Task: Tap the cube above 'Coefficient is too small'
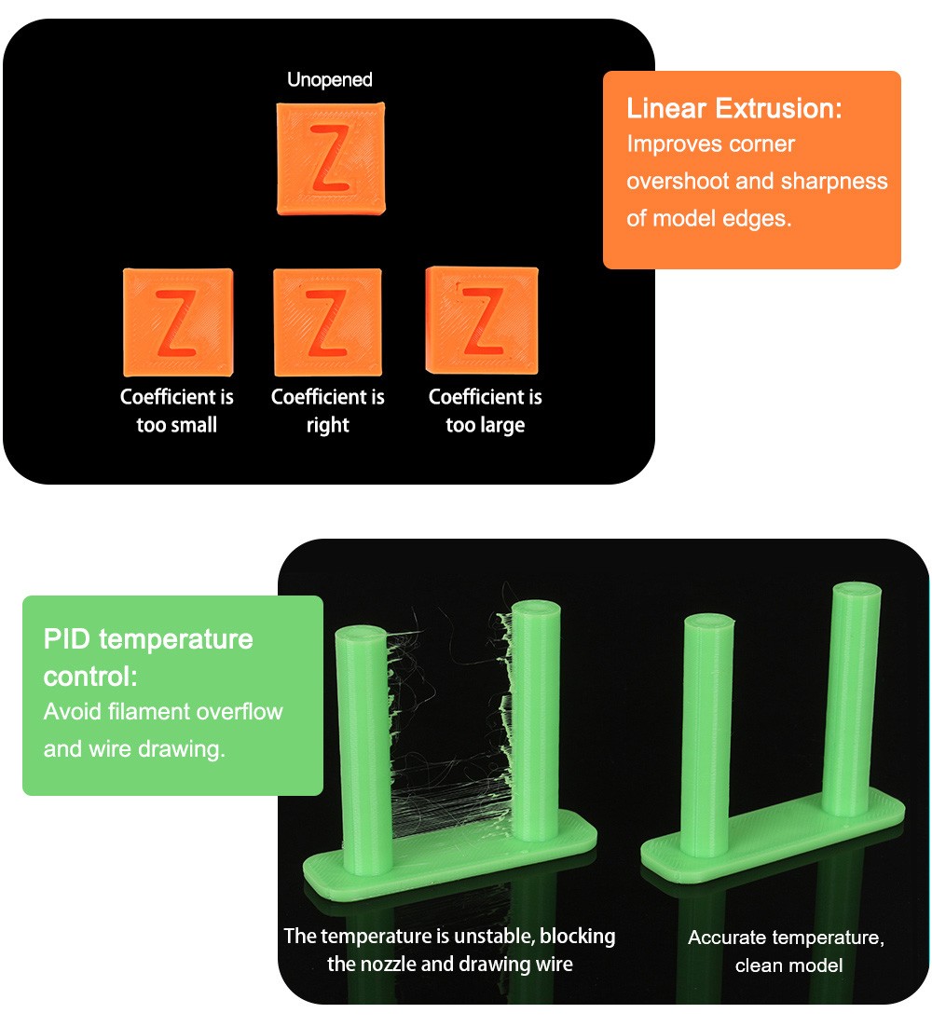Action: pos(177,322)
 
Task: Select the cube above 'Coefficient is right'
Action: pos(327,322)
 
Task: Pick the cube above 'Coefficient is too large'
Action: pos(482,320)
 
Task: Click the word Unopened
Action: pos(329,80)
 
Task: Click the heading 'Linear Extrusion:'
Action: pos(733,108)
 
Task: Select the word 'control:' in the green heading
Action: pos(90,676)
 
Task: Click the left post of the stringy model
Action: pos(362,746)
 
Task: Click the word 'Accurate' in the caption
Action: pos(727,938)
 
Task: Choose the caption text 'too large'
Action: pos(485,425)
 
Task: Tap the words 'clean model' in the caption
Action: pos(788,965)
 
